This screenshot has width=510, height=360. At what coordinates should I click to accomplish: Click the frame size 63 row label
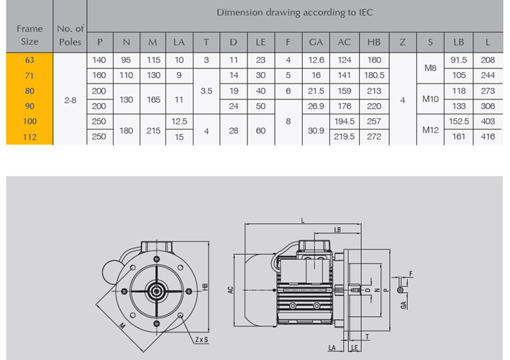tap(29, 60)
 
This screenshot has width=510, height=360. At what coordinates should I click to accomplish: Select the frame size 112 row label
tap(29, 137)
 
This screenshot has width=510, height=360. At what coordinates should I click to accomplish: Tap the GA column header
tap(316, 42)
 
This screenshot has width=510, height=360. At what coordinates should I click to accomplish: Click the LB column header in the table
tap(459, 42)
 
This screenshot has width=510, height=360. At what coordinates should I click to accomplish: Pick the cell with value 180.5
tap(374, 76)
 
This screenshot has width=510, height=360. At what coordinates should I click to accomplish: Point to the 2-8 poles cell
tap(70, 100)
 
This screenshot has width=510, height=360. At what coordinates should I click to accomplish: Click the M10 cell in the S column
tap(430, 99)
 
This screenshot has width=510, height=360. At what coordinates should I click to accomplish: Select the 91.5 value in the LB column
tap(459, 60)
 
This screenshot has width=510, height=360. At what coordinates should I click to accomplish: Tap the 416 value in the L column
tap(488, 137)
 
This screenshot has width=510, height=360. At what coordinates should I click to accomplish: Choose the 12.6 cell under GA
tap(316, 60)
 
